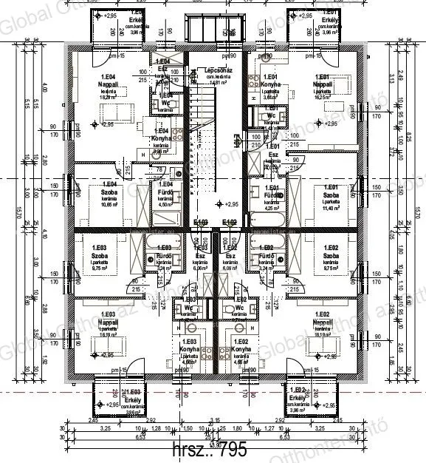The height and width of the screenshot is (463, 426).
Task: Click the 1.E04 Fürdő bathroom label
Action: click(165, 192)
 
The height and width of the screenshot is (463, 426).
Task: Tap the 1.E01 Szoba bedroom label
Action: click(325, 195)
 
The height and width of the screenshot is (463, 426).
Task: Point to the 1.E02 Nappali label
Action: click(322, 322)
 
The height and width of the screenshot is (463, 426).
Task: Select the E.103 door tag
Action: click(201, 222)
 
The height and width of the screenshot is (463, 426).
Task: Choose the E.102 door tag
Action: click(229, 222)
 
